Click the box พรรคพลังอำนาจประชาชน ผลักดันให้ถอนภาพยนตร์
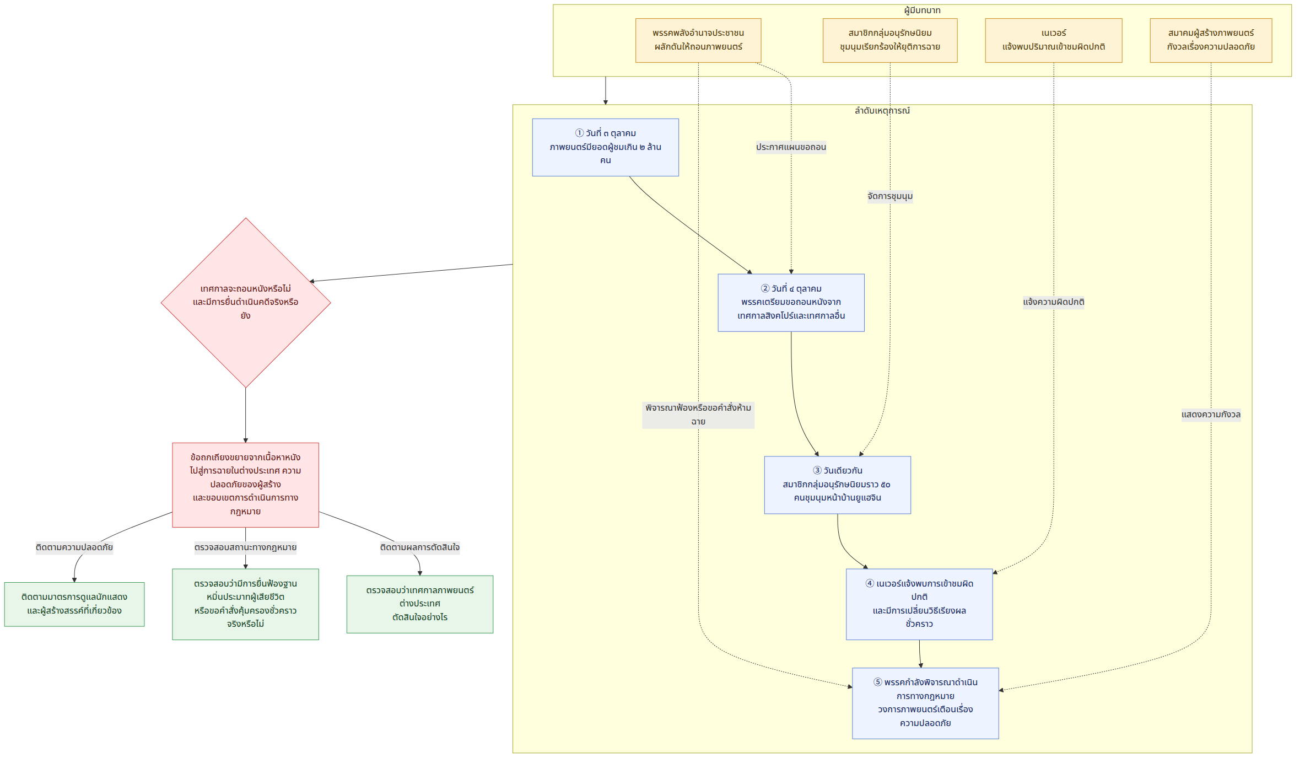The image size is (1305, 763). click(698, 40)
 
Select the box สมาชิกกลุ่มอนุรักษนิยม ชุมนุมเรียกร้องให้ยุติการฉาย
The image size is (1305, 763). click(890, 40)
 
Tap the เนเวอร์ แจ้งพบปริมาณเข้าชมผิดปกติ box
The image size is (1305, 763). click(1054, 40)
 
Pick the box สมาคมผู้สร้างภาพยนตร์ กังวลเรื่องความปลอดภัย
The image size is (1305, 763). click(1211, 40)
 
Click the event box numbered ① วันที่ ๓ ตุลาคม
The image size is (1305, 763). click(606, 147)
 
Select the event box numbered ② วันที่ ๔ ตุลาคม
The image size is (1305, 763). click(791, 303)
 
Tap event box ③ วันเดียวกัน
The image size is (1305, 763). click(838, 485)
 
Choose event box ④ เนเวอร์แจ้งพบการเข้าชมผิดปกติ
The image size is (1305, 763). click(919, 604)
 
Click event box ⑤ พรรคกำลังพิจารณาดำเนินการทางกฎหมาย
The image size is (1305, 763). click(925, 703)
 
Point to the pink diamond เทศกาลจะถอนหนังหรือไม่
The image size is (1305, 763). click(246, 303)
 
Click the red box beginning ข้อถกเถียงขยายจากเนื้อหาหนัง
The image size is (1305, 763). click(246, 485)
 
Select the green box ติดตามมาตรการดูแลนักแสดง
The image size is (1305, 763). click(74, 604)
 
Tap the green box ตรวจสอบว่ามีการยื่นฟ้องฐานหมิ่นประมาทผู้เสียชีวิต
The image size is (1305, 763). click(246, 604)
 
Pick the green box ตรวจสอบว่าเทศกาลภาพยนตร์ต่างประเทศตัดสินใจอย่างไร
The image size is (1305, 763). click(420, 604)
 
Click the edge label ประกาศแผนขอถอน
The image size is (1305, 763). click(791, 147)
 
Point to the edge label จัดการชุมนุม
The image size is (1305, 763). click(890, 196)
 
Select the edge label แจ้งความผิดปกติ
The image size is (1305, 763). click(1054, 302)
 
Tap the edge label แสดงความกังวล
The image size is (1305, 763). click(1211, 415)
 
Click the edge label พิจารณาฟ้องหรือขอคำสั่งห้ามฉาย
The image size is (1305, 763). click(698, 415)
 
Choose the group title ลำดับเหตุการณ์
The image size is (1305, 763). click(882, 111)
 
